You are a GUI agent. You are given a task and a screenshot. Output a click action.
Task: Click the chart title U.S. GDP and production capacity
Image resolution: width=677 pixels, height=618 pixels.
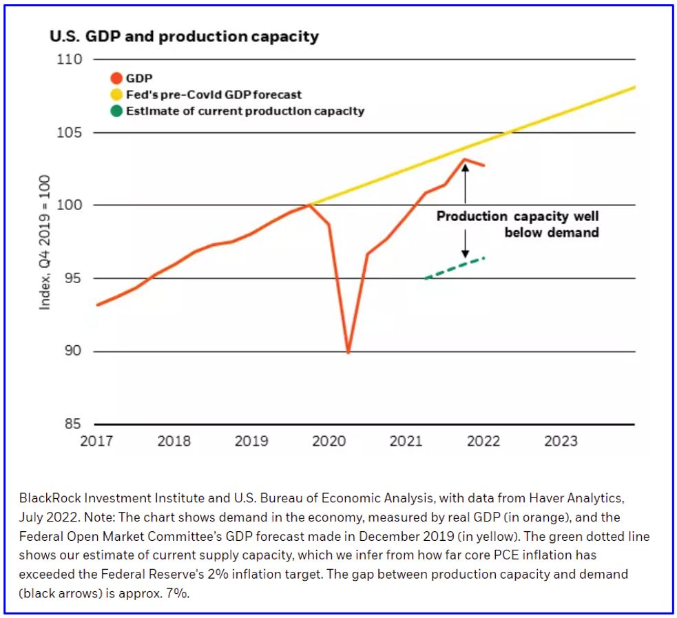[184, 37]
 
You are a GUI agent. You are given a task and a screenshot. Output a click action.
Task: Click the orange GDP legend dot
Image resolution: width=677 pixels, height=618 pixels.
[116, 79]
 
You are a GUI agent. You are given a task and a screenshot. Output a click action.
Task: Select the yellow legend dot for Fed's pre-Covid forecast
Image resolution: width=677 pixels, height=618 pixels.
[116, 94]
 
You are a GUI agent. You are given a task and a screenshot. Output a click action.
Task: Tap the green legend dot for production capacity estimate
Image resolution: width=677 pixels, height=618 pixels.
[116, 111]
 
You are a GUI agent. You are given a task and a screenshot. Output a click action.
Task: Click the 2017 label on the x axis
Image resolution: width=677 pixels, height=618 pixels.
[96, 441]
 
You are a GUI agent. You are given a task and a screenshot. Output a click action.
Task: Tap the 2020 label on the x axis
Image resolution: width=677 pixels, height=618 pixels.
[329, 441]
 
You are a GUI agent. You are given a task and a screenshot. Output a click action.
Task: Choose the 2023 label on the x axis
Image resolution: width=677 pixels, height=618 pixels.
[561, 441]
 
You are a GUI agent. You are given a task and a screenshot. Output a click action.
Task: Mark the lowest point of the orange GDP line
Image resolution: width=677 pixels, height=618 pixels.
[348, 353]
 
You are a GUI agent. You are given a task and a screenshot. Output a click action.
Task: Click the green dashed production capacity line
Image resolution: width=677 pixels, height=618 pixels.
[455, 268]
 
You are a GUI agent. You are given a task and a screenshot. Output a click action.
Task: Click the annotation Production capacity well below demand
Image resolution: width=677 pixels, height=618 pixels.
[517, 224]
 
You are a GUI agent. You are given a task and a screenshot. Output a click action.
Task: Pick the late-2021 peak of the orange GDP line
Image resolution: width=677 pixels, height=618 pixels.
[465, 160]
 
